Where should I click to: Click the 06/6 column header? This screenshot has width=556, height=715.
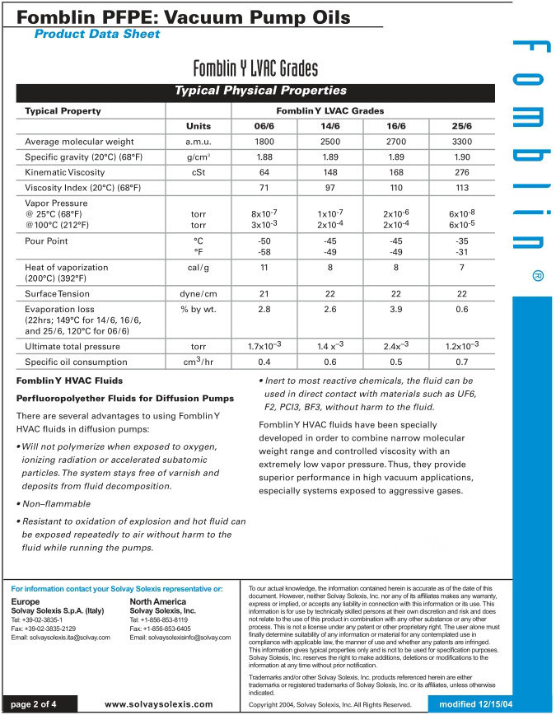(264, 126)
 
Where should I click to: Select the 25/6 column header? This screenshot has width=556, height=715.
(462, 126)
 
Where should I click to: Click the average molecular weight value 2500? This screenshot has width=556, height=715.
(330, 142)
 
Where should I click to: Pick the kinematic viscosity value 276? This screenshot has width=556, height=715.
(462, 172)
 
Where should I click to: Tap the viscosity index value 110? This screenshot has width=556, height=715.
(396, 188)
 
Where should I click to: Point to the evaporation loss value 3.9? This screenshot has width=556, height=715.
(396, 309)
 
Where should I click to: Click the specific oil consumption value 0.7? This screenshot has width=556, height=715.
(462, 362)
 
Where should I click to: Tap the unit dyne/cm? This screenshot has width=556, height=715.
(198, 293)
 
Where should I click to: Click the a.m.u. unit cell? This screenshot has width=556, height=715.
(198, 142)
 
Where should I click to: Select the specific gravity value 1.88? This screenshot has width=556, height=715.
(264, 157)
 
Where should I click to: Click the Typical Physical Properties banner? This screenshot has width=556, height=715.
(260, 91)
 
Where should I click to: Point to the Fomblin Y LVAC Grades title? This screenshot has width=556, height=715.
(255, 68)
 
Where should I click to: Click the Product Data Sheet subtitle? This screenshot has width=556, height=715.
(97, 34)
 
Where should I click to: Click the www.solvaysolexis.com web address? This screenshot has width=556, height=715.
(159, 704)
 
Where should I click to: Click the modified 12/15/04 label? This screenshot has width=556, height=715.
(476, 704)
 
